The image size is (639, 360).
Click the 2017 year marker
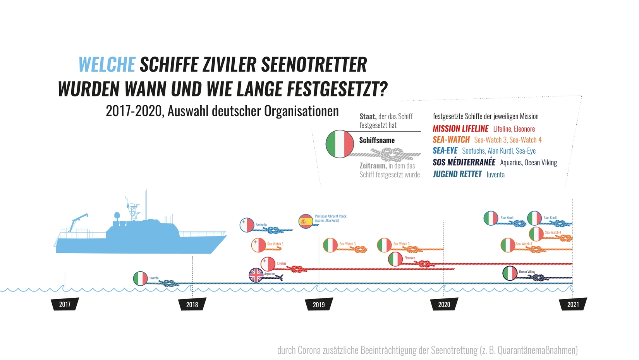click(65, 304)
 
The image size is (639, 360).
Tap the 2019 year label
click(319, 304)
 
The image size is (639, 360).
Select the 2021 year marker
click(573, 304)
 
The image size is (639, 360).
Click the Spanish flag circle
click(306, 221)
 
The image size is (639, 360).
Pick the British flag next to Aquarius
click(256, 275)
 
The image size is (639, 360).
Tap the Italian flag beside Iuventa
click(140, 278)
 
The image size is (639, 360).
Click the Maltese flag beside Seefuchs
click(247, 225)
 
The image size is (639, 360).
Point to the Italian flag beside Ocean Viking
click(510, 273)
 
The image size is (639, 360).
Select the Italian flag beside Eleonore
click(395, 259)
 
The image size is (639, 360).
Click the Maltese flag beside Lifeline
click(268, 264)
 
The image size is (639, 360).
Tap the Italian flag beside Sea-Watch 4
click(536, 234)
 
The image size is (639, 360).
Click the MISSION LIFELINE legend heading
click(460, 129)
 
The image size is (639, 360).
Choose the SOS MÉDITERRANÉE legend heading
click(464, 162)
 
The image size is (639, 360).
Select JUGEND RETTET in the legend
click(457, 174)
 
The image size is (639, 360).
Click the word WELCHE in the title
click(107, 65)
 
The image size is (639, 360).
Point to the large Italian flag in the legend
click(340, 144)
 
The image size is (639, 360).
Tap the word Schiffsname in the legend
click(377, 140)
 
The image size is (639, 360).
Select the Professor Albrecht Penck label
click(331, 216)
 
